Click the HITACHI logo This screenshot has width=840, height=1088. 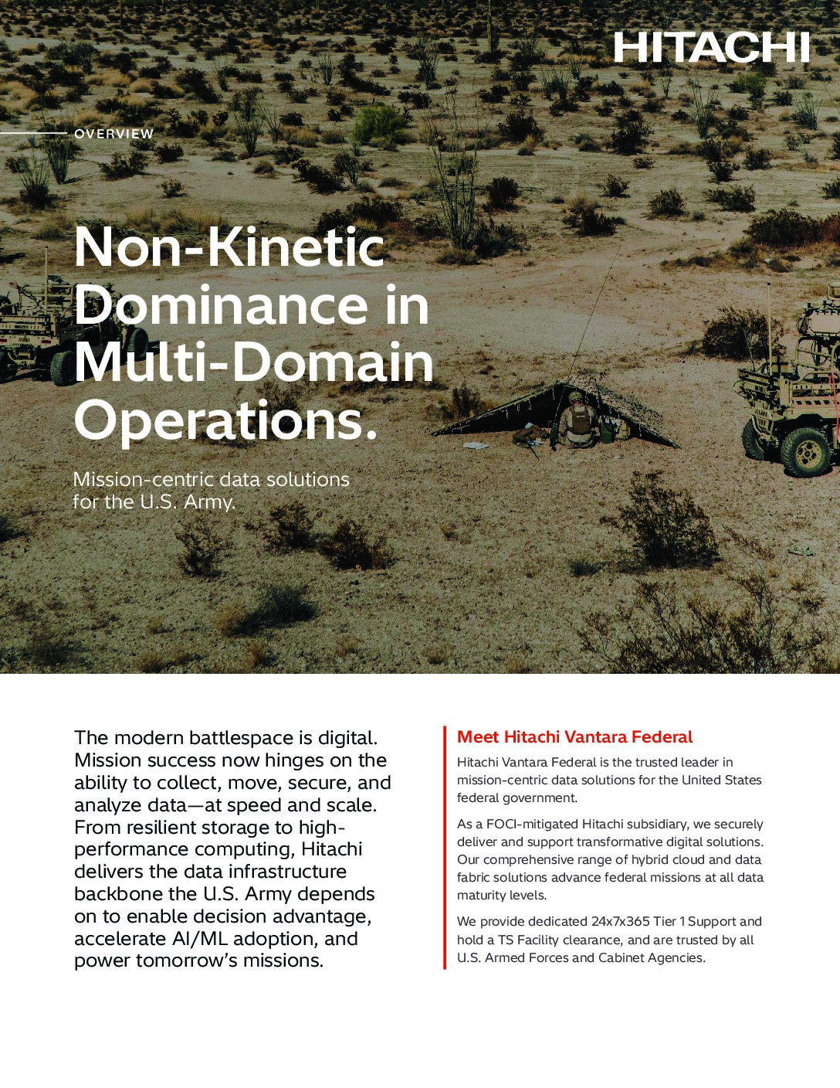coord(711,47)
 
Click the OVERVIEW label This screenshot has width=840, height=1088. coord(113,134)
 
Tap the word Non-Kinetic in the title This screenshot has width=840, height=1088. coord(229,247)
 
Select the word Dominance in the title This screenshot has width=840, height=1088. coord(219,304)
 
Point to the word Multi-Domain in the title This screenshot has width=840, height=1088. coord(254,362)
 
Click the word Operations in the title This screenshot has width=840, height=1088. coord(217,420)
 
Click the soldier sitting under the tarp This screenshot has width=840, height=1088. coord(577,421)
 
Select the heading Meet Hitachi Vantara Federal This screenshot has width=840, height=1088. coord(574,737)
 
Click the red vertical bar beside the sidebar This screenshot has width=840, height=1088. coord(445,847)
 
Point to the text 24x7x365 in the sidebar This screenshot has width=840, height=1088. coord(621,922)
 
